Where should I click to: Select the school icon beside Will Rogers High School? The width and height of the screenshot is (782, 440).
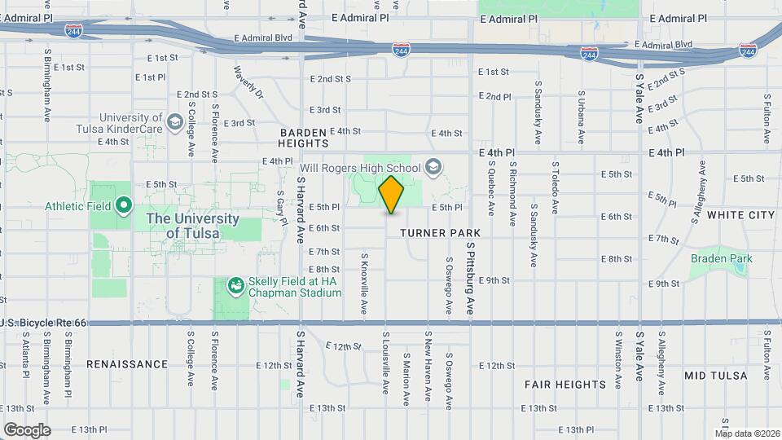tap(434, 168)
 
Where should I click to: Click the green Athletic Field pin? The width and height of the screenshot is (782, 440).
tap(124, 205)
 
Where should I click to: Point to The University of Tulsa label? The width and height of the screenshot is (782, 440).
tap(192, 226)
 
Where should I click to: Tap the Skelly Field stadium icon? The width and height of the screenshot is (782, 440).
tap(235, 285)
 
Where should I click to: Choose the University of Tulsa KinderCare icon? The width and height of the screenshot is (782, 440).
tap(174, 122)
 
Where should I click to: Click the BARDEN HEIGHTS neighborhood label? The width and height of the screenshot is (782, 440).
tap(303, 137)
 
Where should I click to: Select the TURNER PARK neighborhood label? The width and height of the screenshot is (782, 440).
tap(440, 233)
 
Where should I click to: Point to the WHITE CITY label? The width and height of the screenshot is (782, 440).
tap(740, 215)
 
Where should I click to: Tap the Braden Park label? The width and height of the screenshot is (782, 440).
tap(721, 259)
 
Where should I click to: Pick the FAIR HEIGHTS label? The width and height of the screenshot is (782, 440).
tap(565, 384)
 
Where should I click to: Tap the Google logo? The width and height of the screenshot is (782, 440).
tap(27, 429)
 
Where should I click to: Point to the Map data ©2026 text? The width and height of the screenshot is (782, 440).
tap(749, 433)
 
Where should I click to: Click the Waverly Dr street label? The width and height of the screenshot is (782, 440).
tap(248, 83)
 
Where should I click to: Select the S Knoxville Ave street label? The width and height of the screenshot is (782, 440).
tap(364, 285)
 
